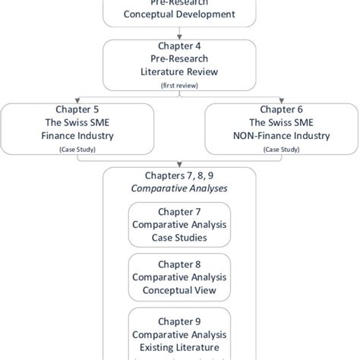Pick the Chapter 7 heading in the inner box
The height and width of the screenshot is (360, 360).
pos(181,211)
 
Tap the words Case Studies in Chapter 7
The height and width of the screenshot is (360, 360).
pos(181,238)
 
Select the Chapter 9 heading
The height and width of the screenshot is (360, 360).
pos(181,321)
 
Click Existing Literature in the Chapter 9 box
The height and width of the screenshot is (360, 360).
pos(181,347)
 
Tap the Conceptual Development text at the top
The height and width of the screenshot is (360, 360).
pos(181,14)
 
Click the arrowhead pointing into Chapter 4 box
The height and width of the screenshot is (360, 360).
pos(181,36)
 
